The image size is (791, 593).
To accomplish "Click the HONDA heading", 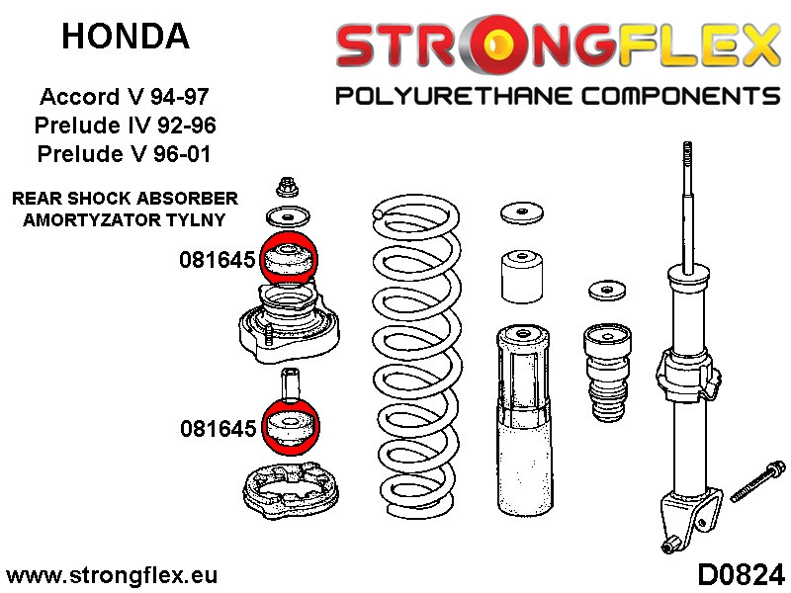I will pos(125,37).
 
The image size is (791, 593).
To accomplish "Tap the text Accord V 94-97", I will pos(125,98).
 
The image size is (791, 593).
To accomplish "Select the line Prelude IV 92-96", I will pos(125,127).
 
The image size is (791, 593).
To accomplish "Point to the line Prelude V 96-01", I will pos(125,154).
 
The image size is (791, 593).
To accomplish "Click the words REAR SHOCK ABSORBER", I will pos(125,198).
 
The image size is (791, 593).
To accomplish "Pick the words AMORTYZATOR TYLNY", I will pos(125,219).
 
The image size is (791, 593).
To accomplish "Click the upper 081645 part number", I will pos(218,261).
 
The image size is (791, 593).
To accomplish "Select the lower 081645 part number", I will pos(218,428).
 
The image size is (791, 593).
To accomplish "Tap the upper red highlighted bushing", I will pos(287,261).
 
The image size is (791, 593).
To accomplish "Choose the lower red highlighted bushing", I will pos(287,427).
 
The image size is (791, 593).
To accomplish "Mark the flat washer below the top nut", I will pos(287,217).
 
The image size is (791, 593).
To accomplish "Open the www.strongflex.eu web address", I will pos(111,574).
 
